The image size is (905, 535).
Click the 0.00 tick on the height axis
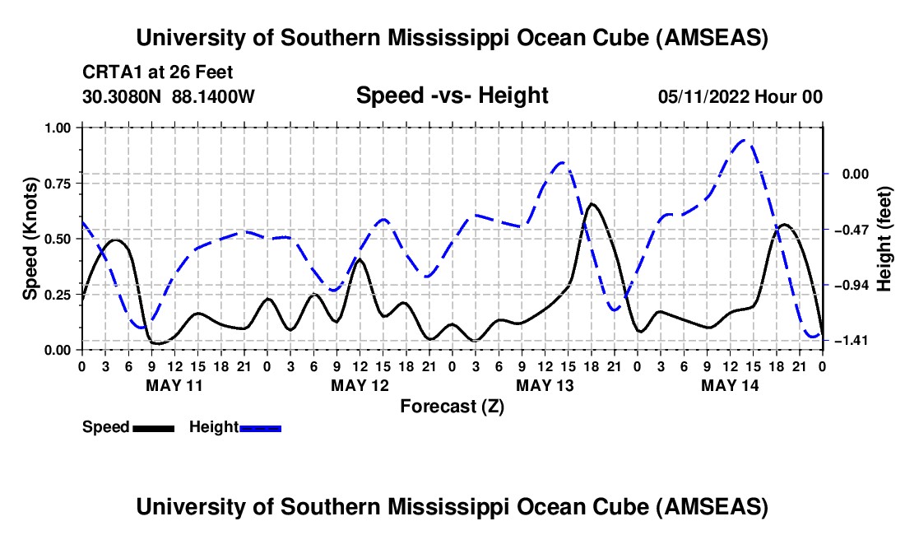coord(846,174)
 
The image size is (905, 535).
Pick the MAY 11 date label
coord(174,385)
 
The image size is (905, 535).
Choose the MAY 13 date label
coord(545,385)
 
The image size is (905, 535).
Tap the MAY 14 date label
coord(730,385)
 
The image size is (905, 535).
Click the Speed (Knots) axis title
coord(30,239)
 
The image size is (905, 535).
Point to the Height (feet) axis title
coord(885,239)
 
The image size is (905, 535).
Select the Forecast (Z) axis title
coord(452,406)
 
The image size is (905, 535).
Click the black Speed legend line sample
coord(153,427)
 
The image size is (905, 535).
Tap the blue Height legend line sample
coord(260,427)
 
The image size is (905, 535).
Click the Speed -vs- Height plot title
coord(452,96)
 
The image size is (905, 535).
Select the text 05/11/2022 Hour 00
coord(740,97)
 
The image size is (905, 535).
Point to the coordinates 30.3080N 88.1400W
coord(169,97)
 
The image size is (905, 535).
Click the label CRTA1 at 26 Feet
coord(158,72)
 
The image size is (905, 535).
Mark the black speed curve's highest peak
coord(592,203)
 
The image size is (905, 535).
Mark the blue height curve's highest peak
coord(744,140)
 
